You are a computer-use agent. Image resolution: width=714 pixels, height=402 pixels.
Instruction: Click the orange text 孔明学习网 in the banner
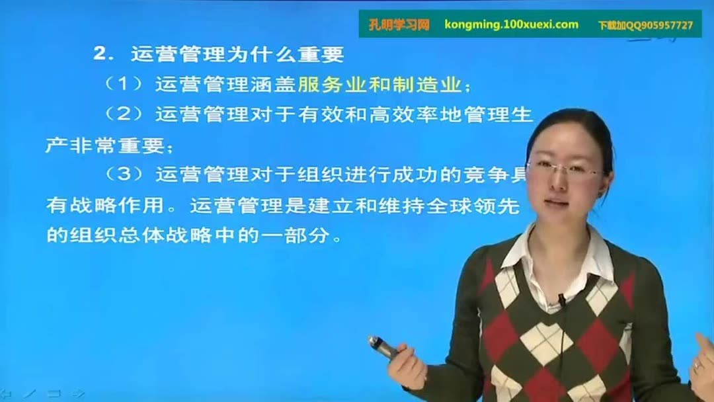click(x=399, y=25)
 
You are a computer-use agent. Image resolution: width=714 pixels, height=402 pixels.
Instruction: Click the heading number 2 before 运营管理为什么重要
click(x=100, y=54)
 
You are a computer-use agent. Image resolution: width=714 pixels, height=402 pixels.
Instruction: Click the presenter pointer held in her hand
click(x=383, y=346)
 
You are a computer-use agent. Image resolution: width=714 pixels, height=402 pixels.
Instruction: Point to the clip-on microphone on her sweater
click(x=561, y=301)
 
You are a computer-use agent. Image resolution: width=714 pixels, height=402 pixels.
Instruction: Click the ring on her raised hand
click(x=698, y=365)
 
